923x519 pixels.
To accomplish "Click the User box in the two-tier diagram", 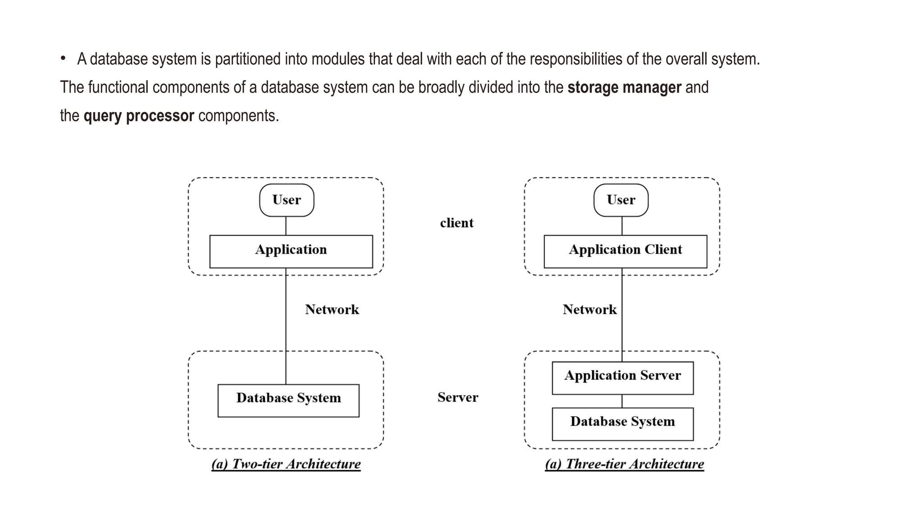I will (x=287, y=200).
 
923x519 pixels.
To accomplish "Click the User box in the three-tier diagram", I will (x=621, y=200).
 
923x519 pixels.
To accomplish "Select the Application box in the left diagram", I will (x=291, y=251).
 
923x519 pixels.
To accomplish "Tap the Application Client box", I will (x=626, y=251).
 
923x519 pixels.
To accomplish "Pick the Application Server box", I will (x=623, y=378).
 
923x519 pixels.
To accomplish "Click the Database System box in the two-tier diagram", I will (x=288, y=401).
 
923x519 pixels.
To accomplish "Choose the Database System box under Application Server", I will (x=623, y=424).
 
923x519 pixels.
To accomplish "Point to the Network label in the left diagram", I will (x=332, y=310).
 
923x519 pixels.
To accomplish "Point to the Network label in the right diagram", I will (x=589, y=310).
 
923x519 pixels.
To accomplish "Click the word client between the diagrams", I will (x=457, y=223).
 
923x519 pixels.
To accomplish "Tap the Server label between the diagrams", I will (x=458, y=397).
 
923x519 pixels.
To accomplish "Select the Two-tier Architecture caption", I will (x=286, y=464).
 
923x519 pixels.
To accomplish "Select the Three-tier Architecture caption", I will (x=625, y=464).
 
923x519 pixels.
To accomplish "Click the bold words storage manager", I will (x=624, y=87).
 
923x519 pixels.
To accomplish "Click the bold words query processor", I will (x=139, y=116).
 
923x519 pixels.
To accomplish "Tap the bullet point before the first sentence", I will (x=64, y=58).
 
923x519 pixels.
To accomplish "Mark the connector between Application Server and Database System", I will (x=622, y=401).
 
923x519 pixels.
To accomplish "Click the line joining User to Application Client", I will (x=622, y=226).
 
